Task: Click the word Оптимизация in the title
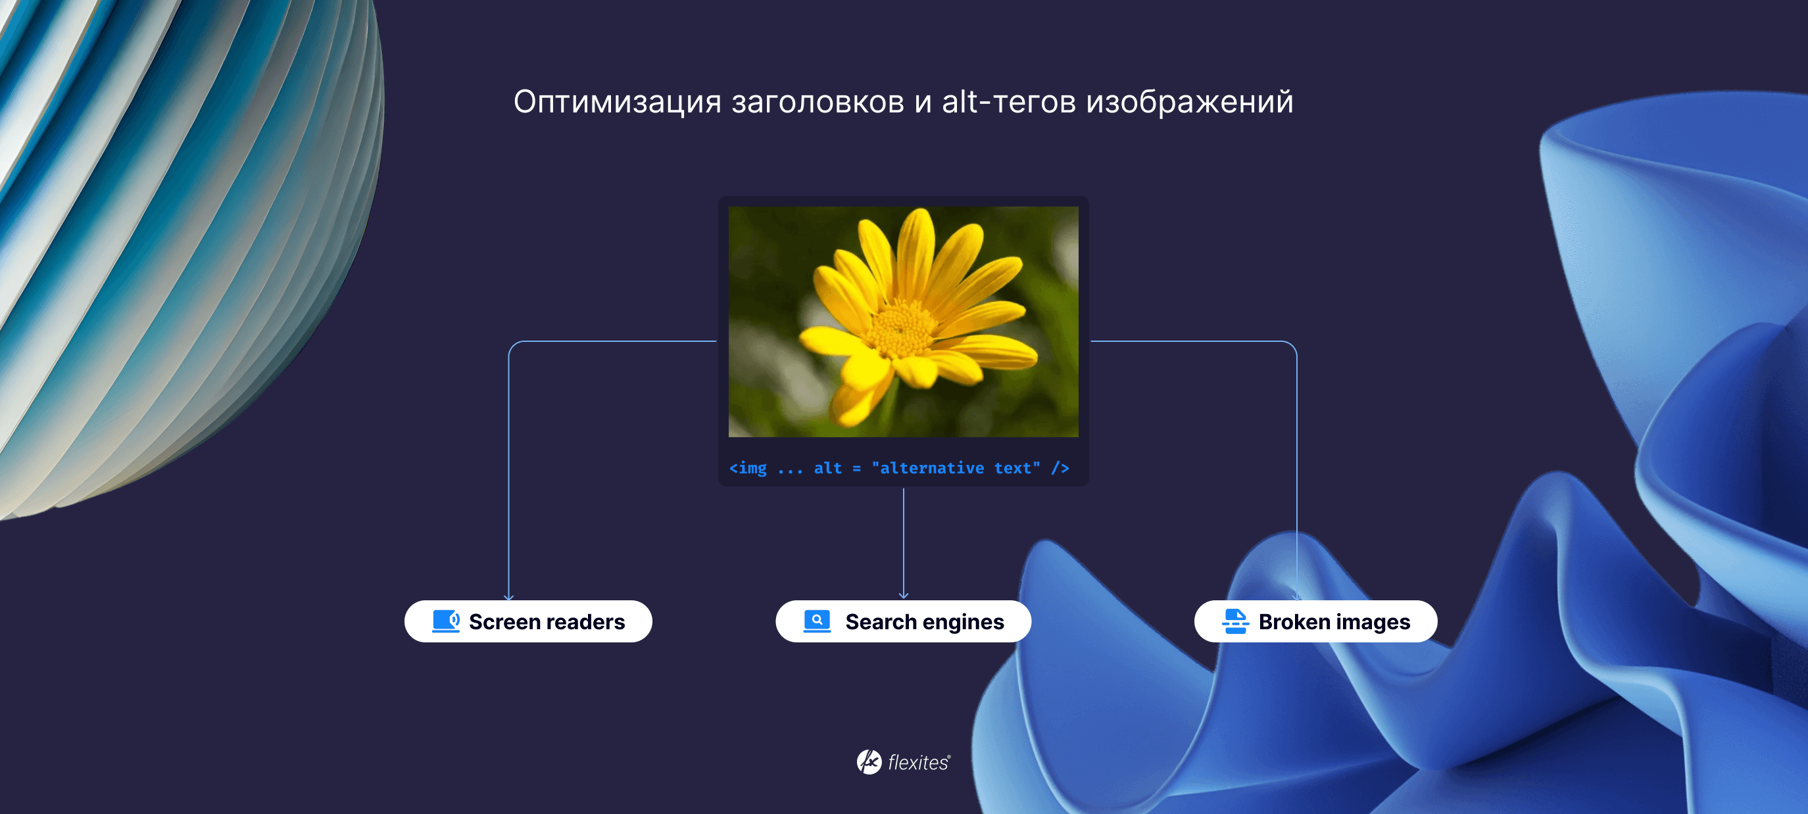[618, 103]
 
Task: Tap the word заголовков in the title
[818, 103]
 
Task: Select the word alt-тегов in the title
[1009, 101]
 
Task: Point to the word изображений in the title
[1190, 103]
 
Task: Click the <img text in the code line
[748, 468]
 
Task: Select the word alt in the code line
[827, 468]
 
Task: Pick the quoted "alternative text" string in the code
[956, 468]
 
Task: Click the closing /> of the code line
[1060, 468]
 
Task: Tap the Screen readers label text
[547, 622]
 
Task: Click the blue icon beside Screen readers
[446, 621]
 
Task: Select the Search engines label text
[924, 622]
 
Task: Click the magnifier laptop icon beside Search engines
[817, 621]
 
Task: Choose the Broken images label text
[1334, 622]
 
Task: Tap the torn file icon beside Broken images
[1235, 621]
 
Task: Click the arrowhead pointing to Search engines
[903, 596]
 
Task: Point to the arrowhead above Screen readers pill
[509, 597]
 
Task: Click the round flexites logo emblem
[869, 762]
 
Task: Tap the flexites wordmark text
[919, 763]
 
